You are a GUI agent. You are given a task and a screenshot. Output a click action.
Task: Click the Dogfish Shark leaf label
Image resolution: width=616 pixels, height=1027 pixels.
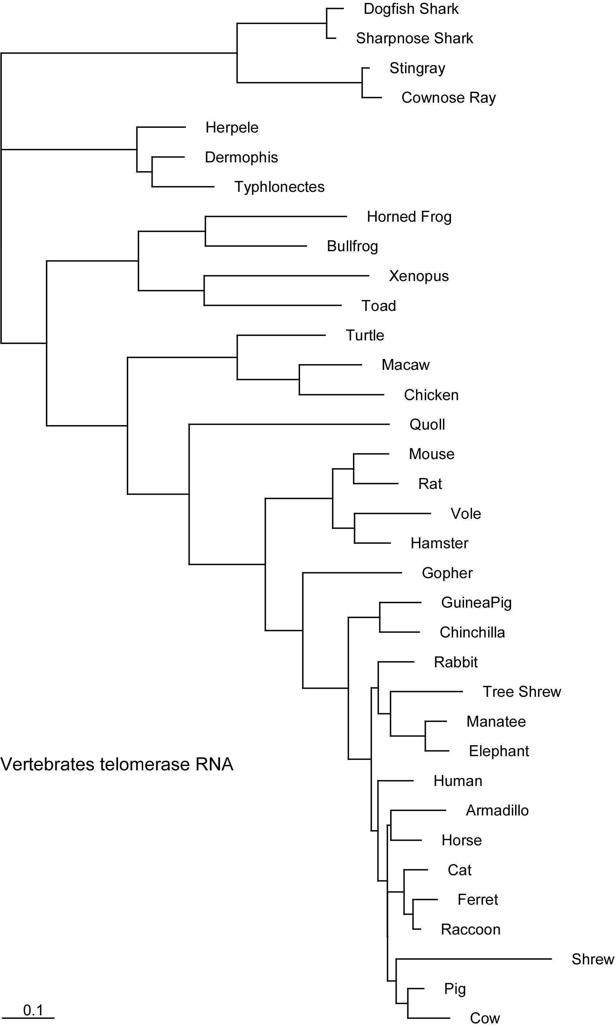(411, 9)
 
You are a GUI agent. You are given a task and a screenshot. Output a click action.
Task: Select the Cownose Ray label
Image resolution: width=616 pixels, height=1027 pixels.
(448, 98)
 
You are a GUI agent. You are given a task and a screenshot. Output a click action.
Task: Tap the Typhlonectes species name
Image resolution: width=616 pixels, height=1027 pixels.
(279, 187)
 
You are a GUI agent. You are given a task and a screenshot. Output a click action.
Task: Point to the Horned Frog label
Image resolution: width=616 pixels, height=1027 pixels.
(409, 217)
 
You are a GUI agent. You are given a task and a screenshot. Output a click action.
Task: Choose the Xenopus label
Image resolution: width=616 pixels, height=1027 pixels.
(419, 276)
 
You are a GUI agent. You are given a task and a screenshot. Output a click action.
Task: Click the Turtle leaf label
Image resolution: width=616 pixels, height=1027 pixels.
(365, 335)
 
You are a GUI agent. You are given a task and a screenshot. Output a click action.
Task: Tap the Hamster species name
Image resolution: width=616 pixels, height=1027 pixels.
(439, 543)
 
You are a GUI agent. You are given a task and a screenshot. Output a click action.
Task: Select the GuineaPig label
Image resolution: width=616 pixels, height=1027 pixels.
(476, 603)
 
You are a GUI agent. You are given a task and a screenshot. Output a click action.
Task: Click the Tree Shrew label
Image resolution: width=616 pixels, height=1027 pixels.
(521, 692)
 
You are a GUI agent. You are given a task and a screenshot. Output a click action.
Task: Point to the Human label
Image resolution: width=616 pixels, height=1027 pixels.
(458, 781)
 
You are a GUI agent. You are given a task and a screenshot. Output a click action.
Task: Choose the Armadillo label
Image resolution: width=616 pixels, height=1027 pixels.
(497, 810)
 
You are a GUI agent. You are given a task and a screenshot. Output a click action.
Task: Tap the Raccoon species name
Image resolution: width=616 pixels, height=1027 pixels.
(470, 929)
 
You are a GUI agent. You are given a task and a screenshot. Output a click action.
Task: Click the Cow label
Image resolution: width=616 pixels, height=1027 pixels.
(484, 1018)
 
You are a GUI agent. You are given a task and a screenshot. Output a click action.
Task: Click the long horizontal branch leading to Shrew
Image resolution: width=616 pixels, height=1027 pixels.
(473, 959)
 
